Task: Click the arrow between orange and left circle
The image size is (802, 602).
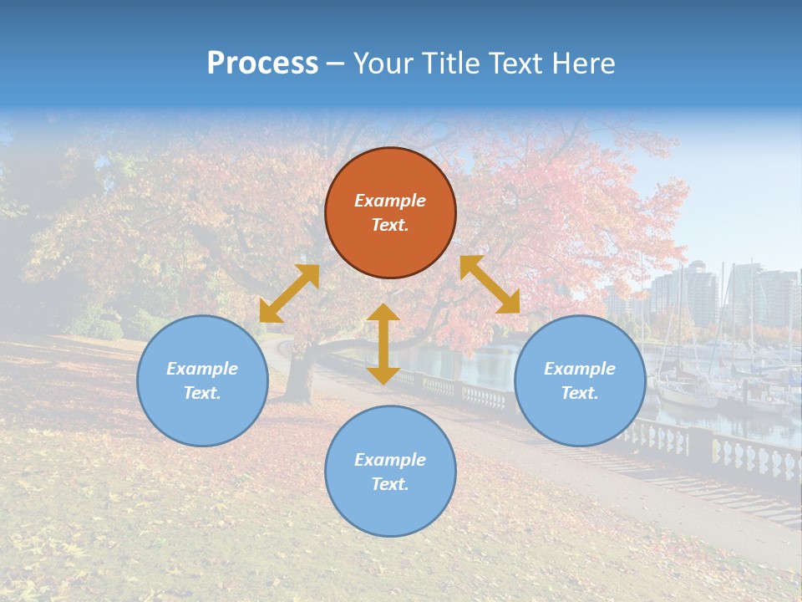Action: [289, 293]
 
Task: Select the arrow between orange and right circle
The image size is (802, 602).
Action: [490, 284]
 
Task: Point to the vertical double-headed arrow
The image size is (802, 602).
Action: [383, 344]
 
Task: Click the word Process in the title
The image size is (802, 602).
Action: [262, 63]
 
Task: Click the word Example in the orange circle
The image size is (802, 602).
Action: [390, 201]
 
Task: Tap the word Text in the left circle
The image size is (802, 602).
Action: [202, 393]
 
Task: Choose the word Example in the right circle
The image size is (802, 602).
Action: [580, 369]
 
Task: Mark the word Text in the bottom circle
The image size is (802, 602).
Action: [389, 484]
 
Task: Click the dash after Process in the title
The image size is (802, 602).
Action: [335, 64]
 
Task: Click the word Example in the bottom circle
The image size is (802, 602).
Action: [390, 460]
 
